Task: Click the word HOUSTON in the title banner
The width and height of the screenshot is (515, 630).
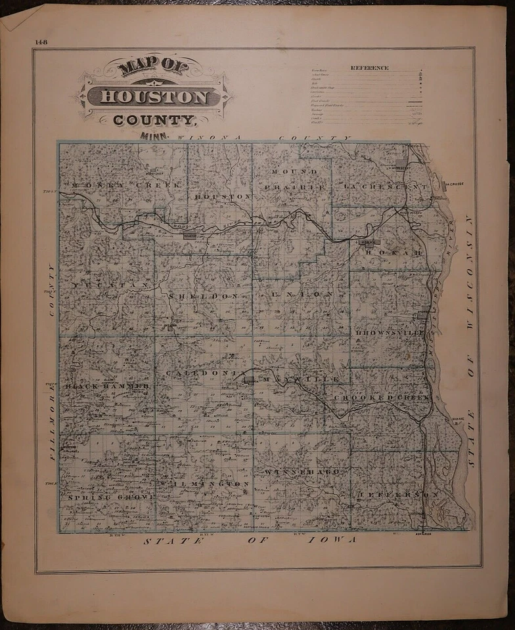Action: [x=155, y=97]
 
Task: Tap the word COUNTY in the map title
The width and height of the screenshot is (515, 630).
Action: [x=155, y=120]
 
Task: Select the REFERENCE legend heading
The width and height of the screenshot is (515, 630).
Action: [x=369, y=68]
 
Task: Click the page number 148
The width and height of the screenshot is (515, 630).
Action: [x=41, y=43]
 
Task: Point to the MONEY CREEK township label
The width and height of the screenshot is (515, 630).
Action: [x=125, y=185]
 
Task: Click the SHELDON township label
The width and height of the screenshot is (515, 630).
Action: [x=202, y=297]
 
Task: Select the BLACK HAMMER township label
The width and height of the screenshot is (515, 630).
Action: [x=108, y=387]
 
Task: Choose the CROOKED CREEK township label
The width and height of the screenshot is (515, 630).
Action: [x=381, y=398]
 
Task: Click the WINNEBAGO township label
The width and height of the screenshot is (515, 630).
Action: [x=303, y=472]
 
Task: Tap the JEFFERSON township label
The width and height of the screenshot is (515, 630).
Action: [x=398, y=494]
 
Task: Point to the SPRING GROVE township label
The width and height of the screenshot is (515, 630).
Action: [x=111, y=497]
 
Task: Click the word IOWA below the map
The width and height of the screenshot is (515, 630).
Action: [x=335, y=540]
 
